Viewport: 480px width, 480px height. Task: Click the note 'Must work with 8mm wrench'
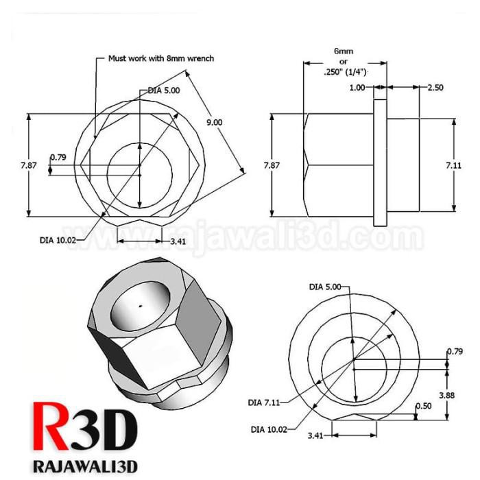click(x=161, y=58)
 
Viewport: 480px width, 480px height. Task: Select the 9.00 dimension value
click(x=215, y=122)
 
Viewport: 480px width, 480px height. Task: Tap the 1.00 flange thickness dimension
click(x=357, y=88)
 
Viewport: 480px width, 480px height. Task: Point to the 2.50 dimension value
click(x=436, y=88)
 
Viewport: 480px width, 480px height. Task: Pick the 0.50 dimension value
click(x=424, y=406)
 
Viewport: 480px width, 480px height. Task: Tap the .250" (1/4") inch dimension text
click(x=346, y=71)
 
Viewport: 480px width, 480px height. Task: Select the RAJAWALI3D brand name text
click(x=85, y=466)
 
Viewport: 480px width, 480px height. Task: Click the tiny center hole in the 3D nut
click(x=140, y=307)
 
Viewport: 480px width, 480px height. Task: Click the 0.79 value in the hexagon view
click(x=58, y=158)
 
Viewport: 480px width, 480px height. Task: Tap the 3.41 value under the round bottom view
click(x=316, y=435)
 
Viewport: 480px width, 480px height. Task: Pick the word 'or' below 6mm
click(x=344, y=62)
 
